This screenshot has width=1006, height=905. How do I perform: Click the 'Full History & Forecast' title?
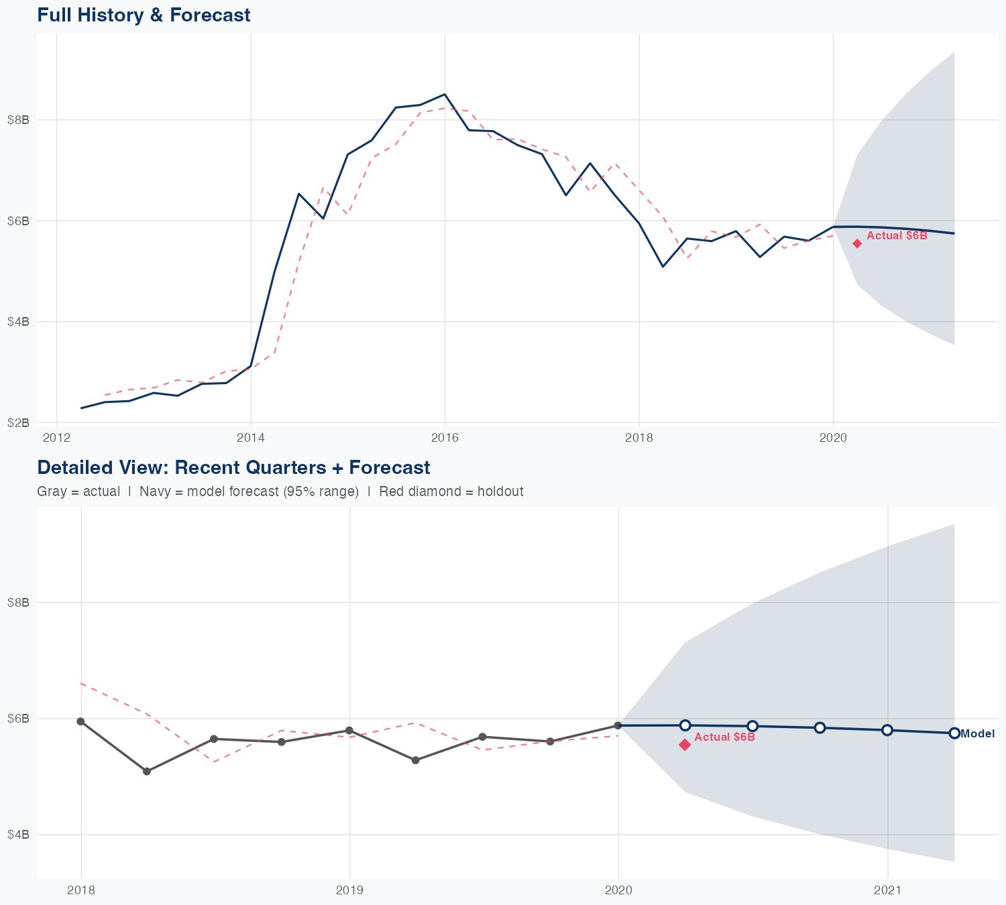click(x=144, y=15)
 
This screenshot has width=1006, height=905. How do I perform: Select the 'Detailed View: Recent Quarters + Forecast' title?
click(x=233, y=467)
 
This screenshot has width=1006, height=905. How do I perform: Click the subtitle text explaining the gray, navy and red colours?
click(x=280, y=491)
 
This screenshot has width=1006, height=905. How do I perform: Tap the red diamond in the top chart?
click(x=857, y=243)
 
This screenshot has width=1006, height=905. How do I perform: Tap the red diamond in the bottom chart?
click(x=685, y=745)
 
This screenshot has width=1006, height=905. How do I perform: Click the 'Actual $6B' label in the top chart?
click(x=897, y=235)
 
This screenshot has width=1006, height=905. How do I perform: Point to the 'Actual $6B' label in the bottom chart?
click(x=724, y=737)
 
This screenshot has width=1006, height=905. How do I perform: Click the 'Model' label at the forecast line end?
click(x=977, y=733)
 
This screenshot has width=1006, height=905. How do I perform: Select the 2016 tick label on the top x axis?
click(x=445, y=438)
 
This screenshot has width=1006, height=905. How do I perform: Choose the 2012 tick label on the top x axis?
click(x=56, y=438)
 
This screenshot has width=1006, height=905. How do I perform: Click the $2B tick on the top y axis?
click(x=17, y=422)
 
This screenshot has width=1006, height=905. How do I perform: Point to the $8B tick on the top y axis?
click(x=17, y=120)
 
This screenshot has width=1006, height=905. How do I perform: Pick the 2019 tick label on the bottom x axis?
click(x=349, y=890)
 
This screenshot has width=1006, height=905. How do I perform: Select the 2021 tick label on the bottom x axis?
click(x=887, y=890)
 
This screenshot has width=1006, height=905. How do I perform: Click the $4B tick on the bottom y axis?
click(x=17, y=835)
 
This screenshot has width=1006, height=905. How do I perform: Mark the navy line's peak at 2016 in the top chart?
click(x=444, y=95)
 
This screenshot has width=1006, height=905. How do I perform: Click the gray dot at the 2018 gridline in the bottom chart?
click(x=80, y=721)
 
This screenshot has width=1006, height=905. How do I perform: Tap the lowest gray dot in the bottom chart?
click(x=147, y=772)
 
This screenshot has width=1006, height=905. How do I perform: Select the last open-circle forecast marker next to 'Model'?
click(x=954, y=733)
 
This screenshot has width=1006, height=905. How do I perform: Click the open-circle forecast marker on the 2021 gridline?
click(x=887, y=730)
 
